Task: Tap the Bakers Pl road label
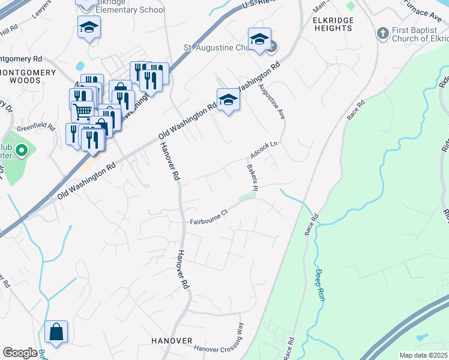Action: pos(252,179)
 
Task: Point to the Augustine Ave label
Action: pos(270,100)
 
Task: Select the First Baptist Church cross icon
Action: pos(381,33)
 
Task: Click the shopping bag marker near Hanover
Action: pos(56,332)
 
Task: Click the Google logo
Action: pos(20,353)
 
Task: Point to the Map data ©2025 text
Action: pos(423,355)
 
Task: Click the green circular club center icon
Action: pos(22,151)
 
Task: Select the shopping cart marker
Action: pos(82,110)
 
